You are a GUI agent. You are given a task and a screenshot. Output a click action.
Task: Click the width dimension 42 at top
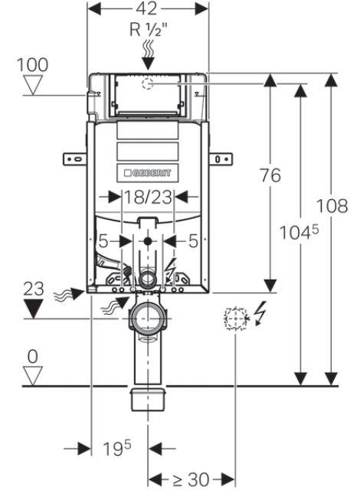click(x=149, y=9)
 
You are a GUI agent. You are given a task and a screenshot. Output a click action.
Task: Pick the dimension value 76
click(x=270, y=175)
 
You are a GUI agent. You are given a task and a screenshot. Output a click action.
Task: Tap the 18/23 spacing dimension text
click(x=149, y=198)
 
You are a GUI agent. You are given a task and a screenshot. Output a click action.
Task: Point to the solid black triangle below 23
click(x=31, y=309)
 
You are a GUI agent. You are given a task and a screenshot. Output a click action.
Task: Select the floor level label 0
click(x=31, y=356)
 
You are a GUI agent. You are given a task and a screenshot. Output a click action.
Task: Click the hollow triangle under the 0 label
click(x=31, y=374)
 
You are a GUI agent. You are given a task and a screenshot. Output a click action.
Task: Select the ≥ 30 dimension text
click(x=191, y=480)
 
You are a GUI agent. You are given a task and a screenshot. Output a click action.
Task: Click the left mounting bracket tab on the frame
click(x=75, y=158)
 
